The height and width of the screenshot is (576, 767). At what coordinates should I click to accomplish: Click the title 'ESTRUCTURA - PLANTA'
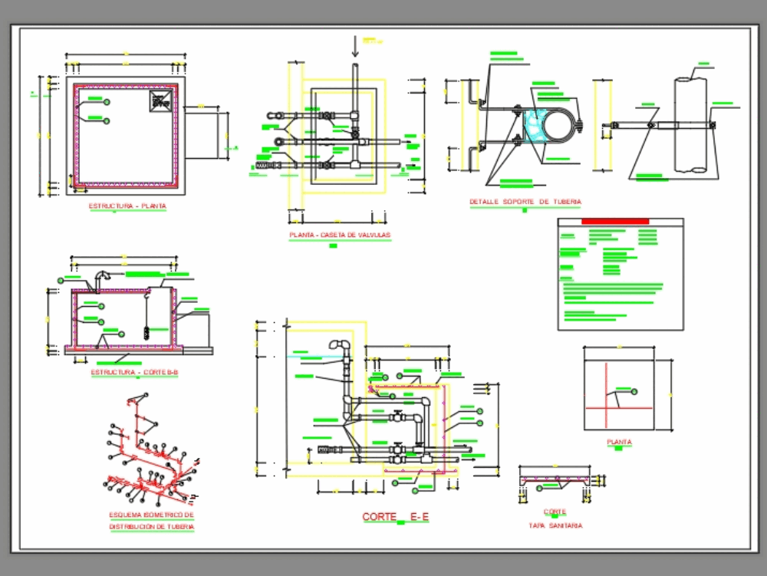(127, 206)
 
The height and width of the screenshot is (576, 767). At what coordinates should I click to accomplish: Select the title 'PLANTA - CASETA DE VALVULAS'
(340, 235)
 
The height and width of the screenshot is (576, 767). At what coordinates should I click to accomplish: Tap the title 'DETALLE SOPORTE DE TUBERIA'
(525, 202)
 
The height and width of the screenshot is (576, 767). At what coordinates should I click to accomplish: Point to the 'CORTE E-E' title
(396, 518)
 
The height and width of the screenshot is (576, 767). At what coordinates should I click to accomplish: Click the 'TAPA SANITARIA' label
(555, 526)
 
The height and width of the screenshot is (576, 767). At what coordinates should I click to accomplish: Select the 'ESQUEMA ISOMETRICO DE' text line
(151, 515)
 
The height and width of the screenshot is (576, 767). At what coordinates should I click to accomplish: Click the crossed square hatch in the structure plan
(161, 99)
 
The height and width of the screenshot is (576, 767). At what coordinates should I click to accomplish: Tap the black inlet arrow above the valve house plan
(354, 48)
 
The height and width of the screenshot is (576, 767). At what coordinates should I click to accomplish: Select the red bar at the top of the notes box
(615, 222)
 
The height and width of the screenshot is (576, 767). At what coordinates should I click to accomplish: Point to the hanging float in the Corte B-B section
(145, 331)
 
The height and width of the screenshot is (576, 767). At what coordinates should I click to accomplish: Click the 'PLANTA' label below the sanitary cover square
(620, 443)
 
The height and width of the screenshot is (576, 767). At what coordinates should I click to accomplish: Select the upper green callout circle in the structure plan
(107, 101)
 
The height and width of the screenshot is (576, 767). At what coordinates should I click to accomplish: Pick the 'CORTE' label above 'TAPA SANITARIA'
(555, 512)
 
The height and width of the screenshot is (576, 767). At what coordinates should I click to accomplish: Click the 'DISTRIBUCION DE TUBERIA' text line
(151, 527)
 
